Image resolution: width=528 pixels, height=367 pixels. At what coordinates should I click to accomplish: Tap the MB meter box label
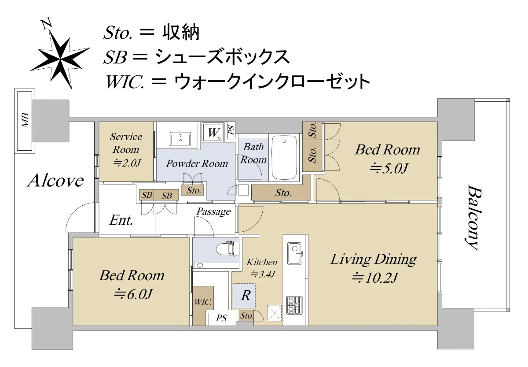click(25, 120)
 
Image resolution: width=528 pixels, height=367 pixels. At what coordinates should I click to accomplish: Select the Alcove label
click(55, 181)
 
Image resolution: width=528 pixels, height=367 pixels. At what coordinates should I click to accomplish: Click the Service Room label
click(126, 143)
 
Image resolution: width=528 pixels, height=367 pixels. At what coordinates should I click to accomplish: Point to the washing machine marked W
click(213, 132)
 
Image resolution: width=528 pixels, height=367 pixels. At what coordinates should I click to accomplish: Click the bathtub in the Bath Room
click(284, 158)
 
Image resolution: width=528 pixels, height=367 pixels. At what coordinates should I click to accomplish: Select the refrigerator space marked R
click(244, 296)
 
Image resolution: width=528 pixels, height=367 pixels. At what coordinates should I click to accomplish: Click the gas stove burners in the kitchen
click(294, 305)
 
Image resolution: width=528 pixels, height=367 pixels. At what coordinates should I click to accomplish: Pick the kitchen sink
click(295, 253)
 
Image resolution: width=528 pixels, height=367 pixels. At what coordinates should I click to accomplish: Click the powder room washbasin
click(180, 140)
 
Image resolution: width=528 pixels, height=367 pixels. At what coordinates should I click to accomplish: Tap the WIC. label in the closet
click(203, 302)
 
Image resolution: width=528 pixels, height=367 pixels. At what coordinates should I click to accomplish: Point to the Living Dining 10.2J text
click(374, 268)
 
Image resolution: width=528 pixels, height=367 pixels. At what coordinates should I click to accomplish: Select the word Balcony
click(474, 217)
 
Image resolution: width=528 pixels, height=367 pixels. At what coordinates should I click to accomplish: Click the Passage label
click(213, 211)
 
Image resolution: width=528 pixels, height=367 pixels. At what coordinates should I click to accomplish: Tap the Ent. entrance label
click(121, 220)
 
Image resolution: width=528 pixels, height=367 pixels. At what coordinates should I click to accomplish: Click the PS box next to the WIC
click(221, 319)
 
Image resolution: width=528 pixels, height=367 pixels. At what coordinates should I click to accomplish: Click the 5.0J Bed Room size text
click(388, 168)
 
